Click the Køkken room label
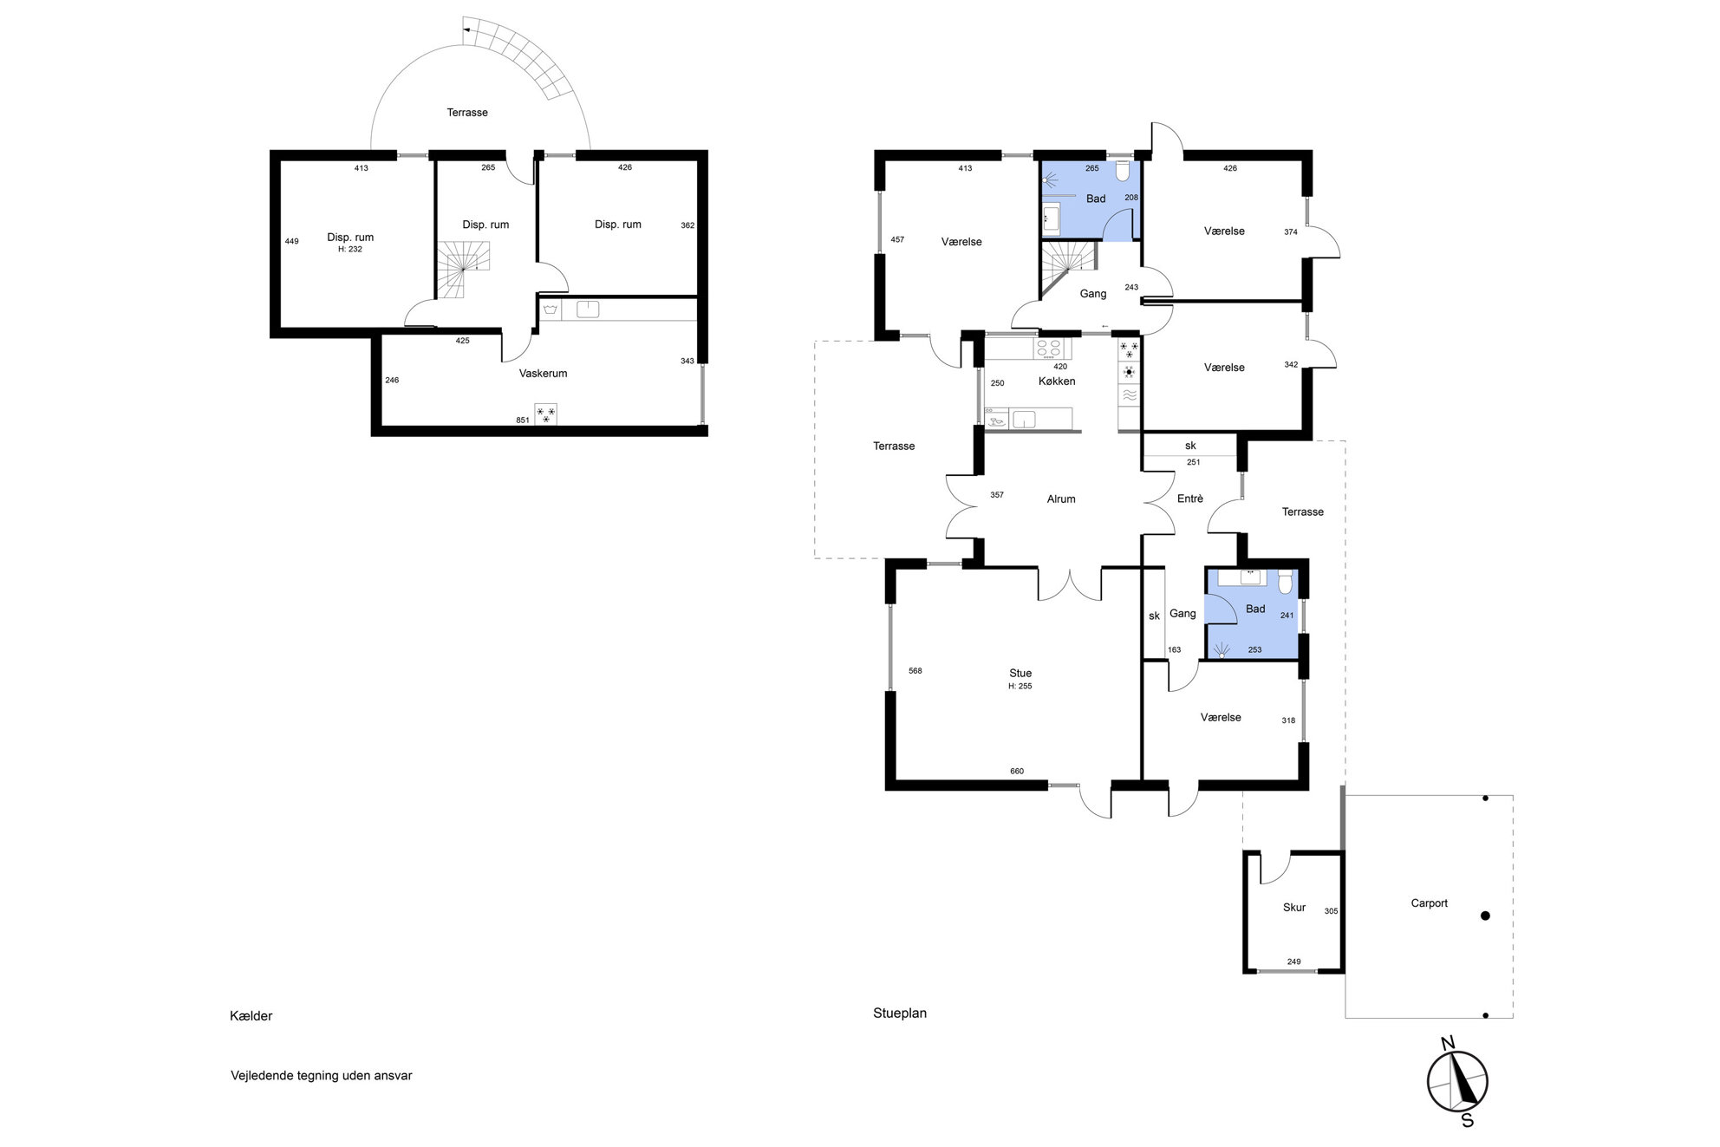[1057, 381]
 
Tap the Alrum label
[1061, 499]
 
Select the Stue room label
[1020, 674]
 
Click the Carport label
[1430, 903]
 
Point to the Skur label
[1294, 908]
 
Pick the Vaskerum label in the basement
[544, 374]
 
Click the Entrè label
[1190, 499]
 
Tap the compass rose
[1458, 1081]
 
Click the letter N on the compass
[1447, 1043]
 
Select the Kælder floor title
[251, 1016]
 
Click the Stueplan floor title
[900, 1013]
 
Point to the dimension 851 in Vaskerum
[523, 420]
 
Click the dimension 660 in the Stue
[1017, 772]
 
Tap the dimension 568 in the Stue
[915, 671]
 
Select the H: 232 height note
[350, 250]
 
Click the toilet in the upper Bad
[1123, 170]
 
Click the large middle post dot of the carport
[1485, 916]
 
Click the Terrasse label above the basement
[467, 113]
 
